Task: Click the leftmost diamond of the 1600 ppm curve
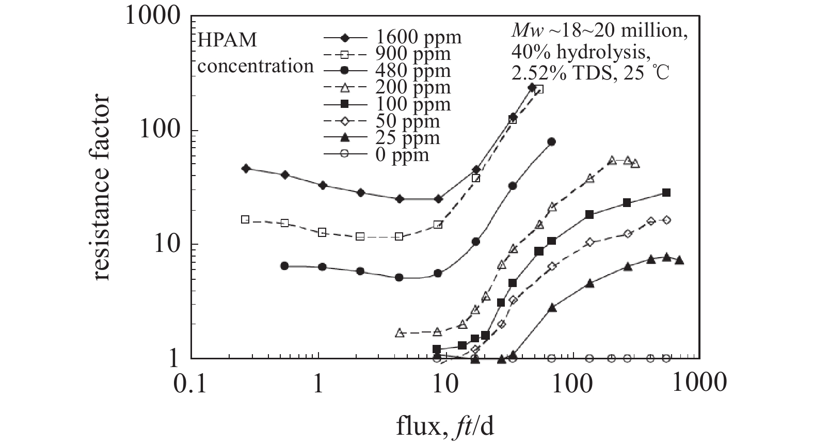[x=246, y=169]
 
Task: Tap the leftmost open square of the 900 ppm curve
[x=245, y=219]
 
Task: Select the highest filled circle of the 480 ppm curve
[x=551, y=142]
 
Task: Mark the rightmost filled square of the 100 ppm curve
[x=666, y=193]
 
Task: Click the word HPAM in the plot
[x=228, y=40]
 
